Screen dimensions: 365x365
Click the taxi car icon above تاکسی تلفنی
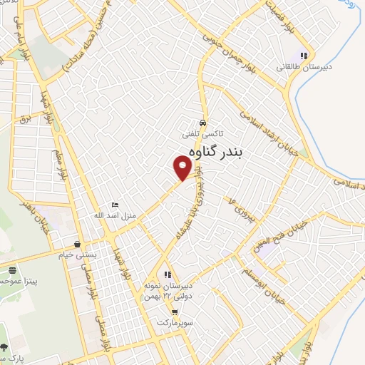click(x=203, y=121)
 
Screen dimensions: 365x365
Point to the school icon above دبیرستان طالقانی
click(x=303, y=56)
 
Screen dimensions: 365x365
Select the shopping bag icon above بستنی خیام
click(x=77, y=243)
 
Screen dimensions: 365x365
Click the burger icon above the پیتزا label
click(x=13, y=269)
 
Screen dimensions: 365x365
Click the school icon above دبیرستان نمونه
click(x=168, y=274)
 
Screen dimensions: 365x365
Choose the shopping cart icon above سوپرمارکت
click(x=175, y=312)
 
